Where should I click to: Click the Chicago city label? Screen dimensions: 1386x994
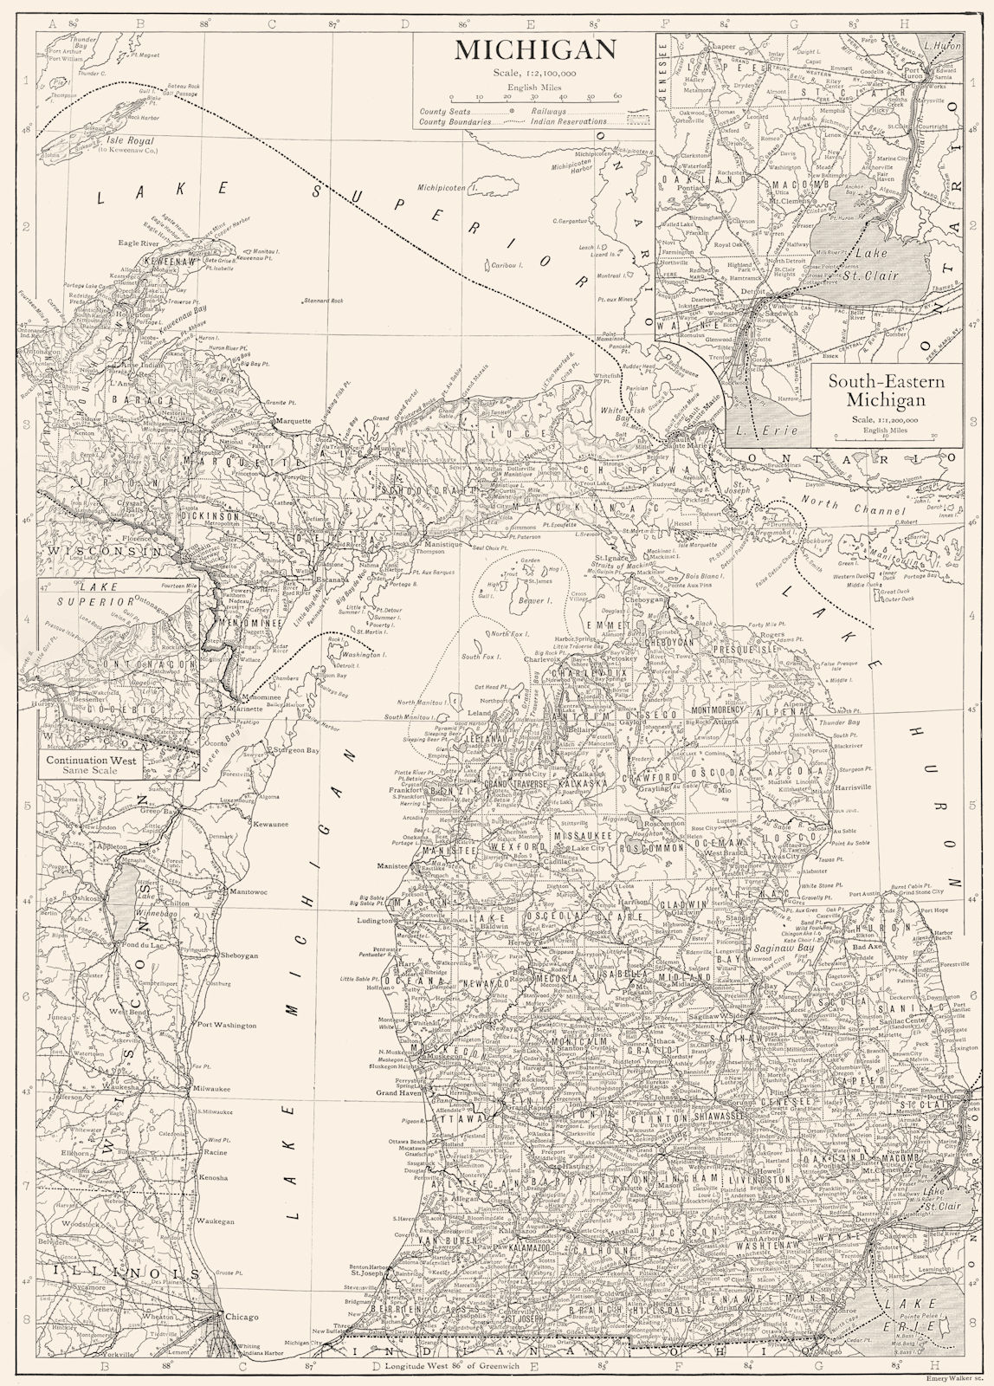242,1318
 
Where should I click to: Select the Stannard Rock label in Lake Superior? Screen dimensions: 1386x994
325,301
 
